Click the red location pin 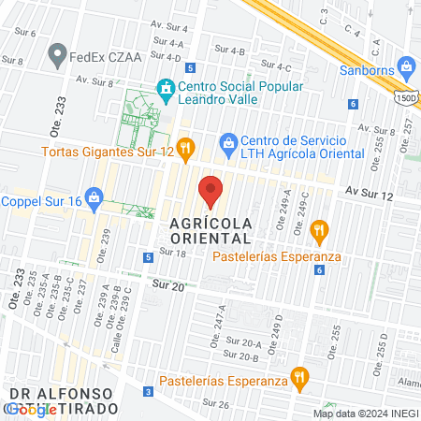point(210,191)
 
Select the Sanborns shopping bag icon point(405,65)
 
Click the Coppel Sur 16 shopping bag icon point(93,197)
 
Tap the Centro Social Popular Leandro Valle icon point(167,90)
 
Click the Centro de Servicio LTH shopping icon point(226,142)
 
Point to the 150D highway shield point(405,96)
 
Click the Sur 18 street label point(173,253)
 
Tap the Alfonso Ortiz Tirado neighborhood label point(62,400)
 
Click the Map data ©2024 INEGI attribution point(365,414)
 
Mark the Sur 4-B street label point(230,51)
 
